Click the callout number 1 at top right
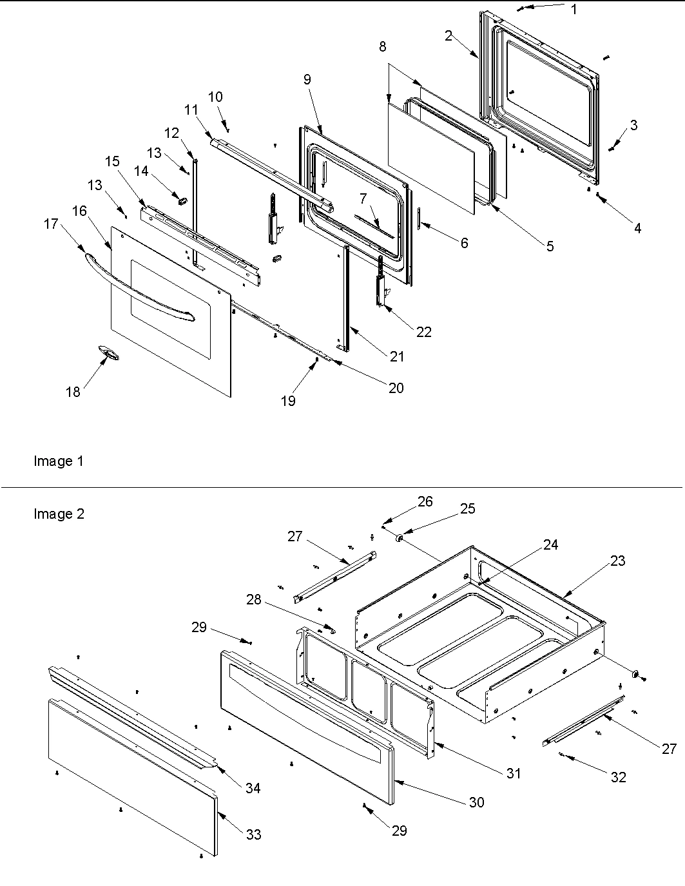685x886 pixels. (x=574, y=9)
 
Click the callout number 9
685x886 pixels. (x=307, y=79)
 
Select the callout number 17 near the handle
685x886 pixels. (x=51, y=224)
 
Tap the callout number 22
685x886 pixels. (x=423, y=332)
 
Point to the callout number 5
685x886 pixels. (x=549, y=246)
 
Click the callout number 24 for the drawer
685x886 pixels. (x=550, y=544)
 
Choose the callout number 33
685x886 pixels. (x=253, y=834)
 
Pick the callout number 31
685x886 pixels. (x=513, y=773)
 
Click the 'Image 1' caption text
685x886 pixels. (x=58, y=461)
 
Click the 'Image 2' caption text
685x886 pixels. (x=59, y=514)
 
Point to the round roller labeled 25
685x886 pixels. (x=400, y=537)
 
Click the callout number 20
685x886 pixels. (x=396, y=387)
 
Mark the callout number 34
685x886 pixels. (x=253, y=787)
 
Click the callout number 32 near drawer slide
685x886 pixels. (x=618, y=777)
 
